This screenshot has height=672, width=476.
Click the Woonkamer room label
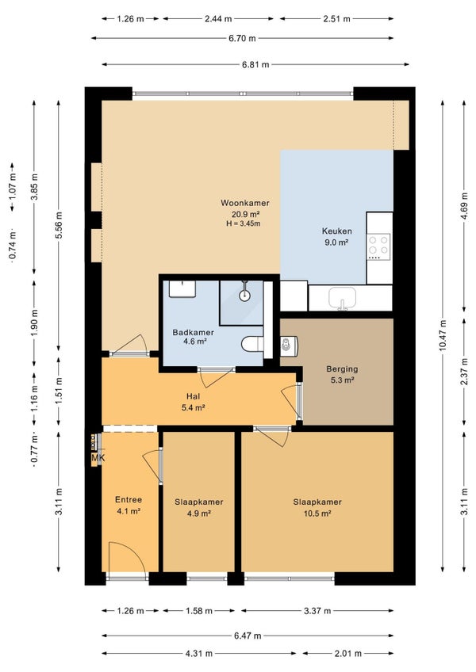tap(245, 203)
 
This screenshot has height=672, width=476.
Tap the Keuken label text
tap(337, 231)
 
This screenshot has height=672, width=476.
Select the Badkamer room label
tap(193, 332)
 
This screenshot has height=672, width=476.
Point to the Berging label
tap(342, 369)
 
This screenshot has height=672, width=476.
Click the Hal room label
tap(193, 396)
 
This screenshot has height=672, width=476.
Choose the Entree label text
tap(129, 500)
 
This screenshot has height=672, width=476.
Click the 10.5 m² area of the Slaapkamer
tap(317, 514)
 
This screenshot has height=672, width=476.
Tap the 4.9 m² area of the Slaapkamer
tap(198, 514)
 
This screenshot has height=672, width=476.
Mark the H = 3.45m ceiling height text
tap(244, 223)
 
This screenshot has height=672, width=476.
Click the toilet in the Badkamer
tap(252, 344)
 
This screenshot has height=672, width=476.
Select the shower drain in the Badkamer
tap(244, 295)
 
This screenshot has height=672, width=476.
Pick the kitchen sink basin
tap(342, 297)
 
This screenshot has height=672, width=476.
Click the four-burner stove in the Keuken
tap(378, 246)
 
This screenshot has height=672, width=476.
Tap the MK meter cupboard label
tap(98, 458)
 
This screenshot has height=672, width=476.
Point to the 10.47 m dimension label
tap(443, 335)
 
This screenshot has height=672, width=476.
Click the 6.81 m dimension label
tap(255, 65)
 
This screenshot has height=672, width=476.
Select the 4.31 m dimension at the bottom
tap(198, 654)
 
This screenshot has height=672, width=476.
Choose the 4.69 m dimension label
tap(464, 206)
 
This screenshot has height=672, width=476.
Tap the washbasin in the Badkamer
tap(182, 289)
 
